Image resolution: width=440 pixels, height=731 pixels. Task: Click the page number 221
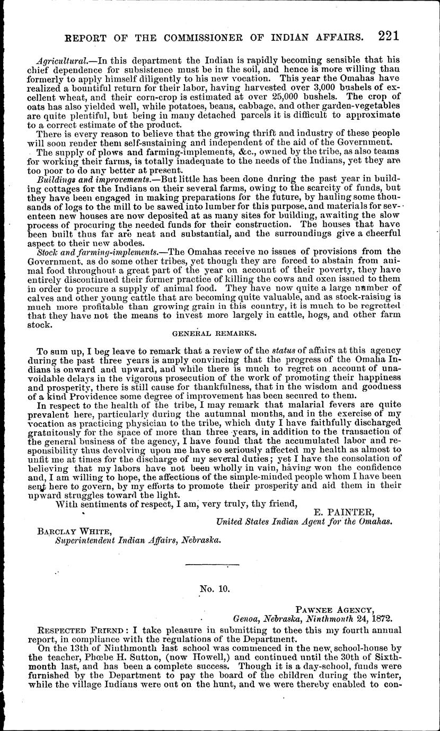coord(389,35)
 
